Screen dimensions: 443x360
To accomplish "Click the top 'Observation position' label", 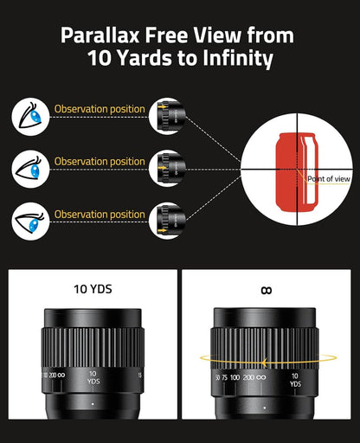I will click(x=100, y=109).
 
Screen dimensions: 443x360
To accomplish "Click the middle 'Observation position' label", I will click(x=100, y=162).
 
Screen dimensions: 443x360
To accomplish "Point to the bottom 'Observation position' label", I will click(x=100, y=215).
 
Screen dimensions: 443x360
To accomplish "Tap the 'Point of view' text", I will click(x=327, y=179).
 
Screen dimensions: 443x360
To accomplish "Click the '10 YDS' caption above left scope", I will click(x=93, y=290).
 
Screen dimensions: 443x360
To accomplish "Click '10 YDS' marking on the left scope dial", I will click(x=93, y=378).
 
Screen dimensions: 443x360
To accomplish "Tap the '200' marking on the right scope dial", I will click(x=250, y=378).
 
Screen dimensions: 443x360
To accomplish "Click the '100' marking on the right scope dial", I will click(x=234, y=378).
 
